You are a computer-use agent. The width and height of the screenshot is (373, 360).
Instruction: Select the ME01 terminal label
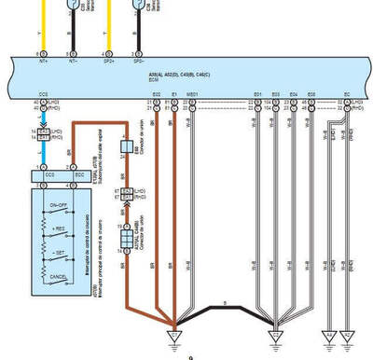(191, 95)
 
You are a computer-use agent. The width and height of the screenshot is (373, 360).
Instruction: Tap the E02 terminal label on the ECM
(157, 95)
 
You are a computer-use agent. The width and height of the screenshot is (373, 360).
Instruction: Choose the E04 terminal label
(294, 95)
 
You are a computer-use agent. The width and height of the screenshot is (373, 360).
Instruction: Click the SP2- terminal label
(138, 63)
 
